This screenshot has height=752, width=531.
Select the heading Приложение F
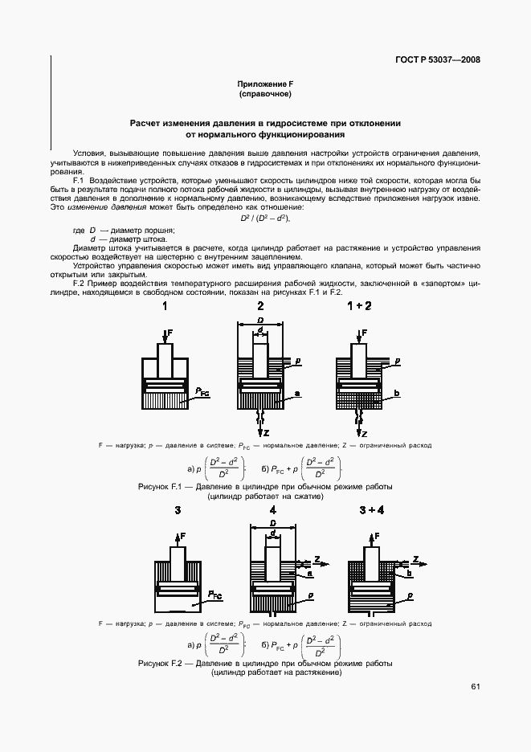tap(265, 84)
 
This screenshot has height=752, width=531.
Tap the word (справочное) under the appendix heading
tap(265, 95)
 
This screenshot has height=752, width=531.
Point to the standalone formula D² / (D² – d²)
tap(265, 219)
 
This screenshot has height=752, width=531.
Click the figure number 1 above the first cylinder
tap(165, 307)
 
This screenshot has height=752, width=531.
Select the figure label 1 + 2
tap(359, 307)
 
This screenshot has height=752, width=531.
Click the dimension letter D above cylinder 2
tap(260, 321)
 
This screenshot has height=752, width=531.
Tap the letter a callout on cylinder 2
tap(297, 394)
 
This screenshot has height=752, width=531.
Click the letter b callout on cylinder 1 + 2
tap(397, 394)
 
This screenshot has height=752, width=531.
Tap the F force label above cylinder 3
tap(182, 535)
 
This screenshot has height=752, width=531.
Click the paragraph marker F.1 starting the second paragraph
tap(80, 180)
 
